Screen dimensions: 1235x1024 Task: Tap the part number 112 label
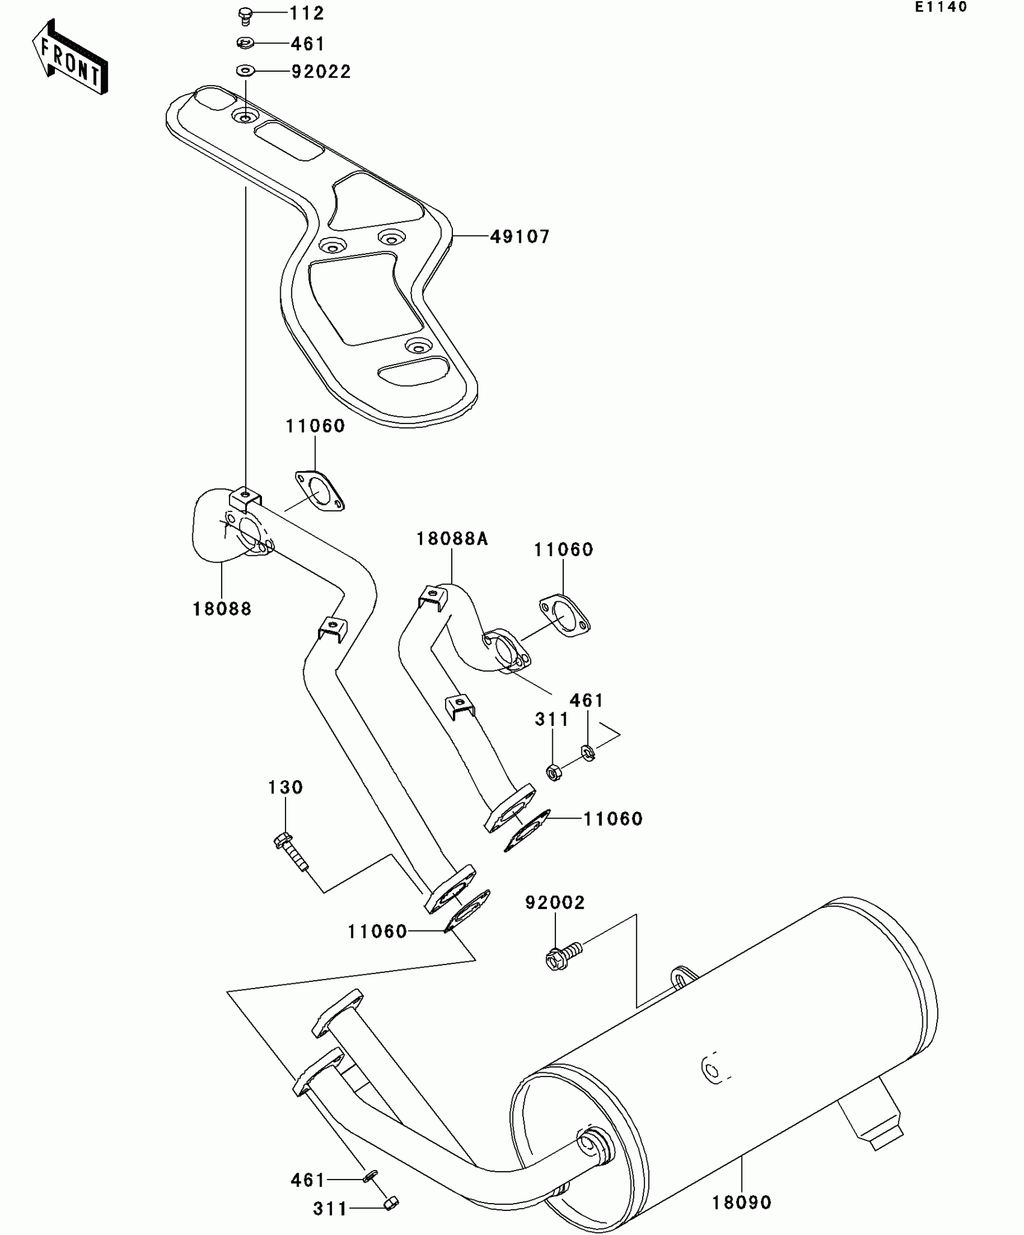(307, 13)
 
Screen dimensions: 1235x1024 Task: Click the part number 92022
(320, 72)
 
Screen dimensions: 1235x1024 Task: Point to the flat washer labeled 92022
(245, 71)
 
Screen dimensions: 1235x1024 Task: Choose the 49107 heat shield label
(520, 237)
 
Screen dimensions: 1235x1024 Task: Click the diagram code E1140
(941, 7)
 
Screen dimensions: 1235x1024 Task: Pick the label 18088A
(452, 539)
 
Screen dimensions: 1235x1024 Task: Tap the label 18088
(222, 609)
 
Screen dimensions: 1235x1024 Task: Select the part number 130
(285, 787)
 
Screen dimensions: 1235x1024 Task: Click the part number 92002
(555, 902)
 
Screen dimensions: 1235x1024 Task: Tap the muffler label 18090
(741, 1202)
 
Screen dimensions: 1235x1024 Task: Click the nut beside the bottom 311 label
(391, 1204)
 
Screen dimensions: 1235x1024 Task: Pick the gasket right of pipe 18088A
(564, 614)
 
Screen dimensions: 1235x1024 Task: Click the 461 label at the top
(307, 44)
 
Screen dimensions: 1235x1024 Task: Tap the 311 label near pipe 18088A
(552, 719)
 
